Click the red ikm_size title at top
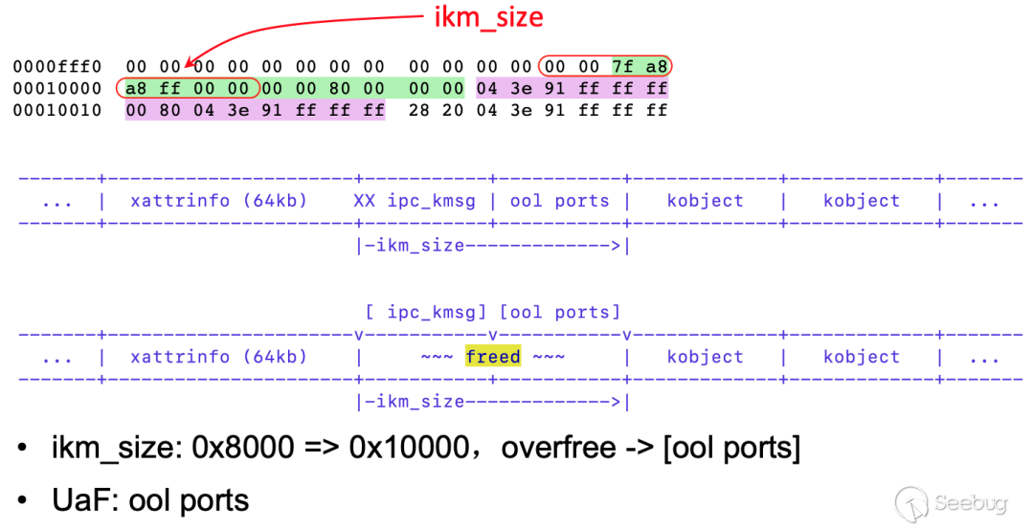(489, 16)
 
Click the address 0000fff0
(56, 67)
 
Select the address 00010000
(56, 89)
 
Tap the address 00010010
(56, 110)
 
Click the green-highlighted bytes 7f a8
(641, 67)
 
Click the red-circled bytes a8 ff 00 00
(188, 89)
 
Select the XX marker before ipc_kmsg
(364, 201)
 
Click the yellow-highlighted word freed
(493, 357)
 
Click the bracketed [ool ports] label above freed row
(560, 312)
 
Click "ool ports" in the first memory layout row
(560, 201)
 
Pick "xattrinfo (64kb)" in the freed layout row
(218, 357)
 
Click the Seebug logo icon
(910, 501)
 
